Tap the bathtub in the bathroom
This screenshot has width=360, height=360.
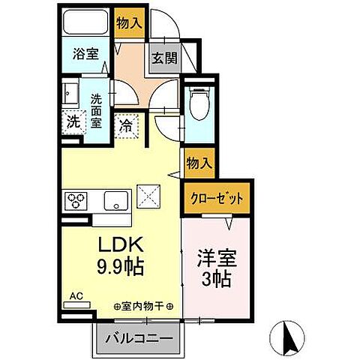click(x=86, y=23)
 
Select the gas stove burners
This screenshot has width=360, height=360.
click(x=78, y=201)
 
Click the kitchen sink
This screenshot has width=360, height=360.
click(x=115, y=201)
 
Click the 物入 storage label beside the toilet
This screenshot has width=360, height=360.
click(x=199, y=163)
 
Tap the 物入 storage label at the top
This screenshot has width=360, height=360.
click(x=128, y=23)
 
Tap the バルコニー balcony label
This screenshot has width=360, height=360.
click(x=138, y=338)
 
